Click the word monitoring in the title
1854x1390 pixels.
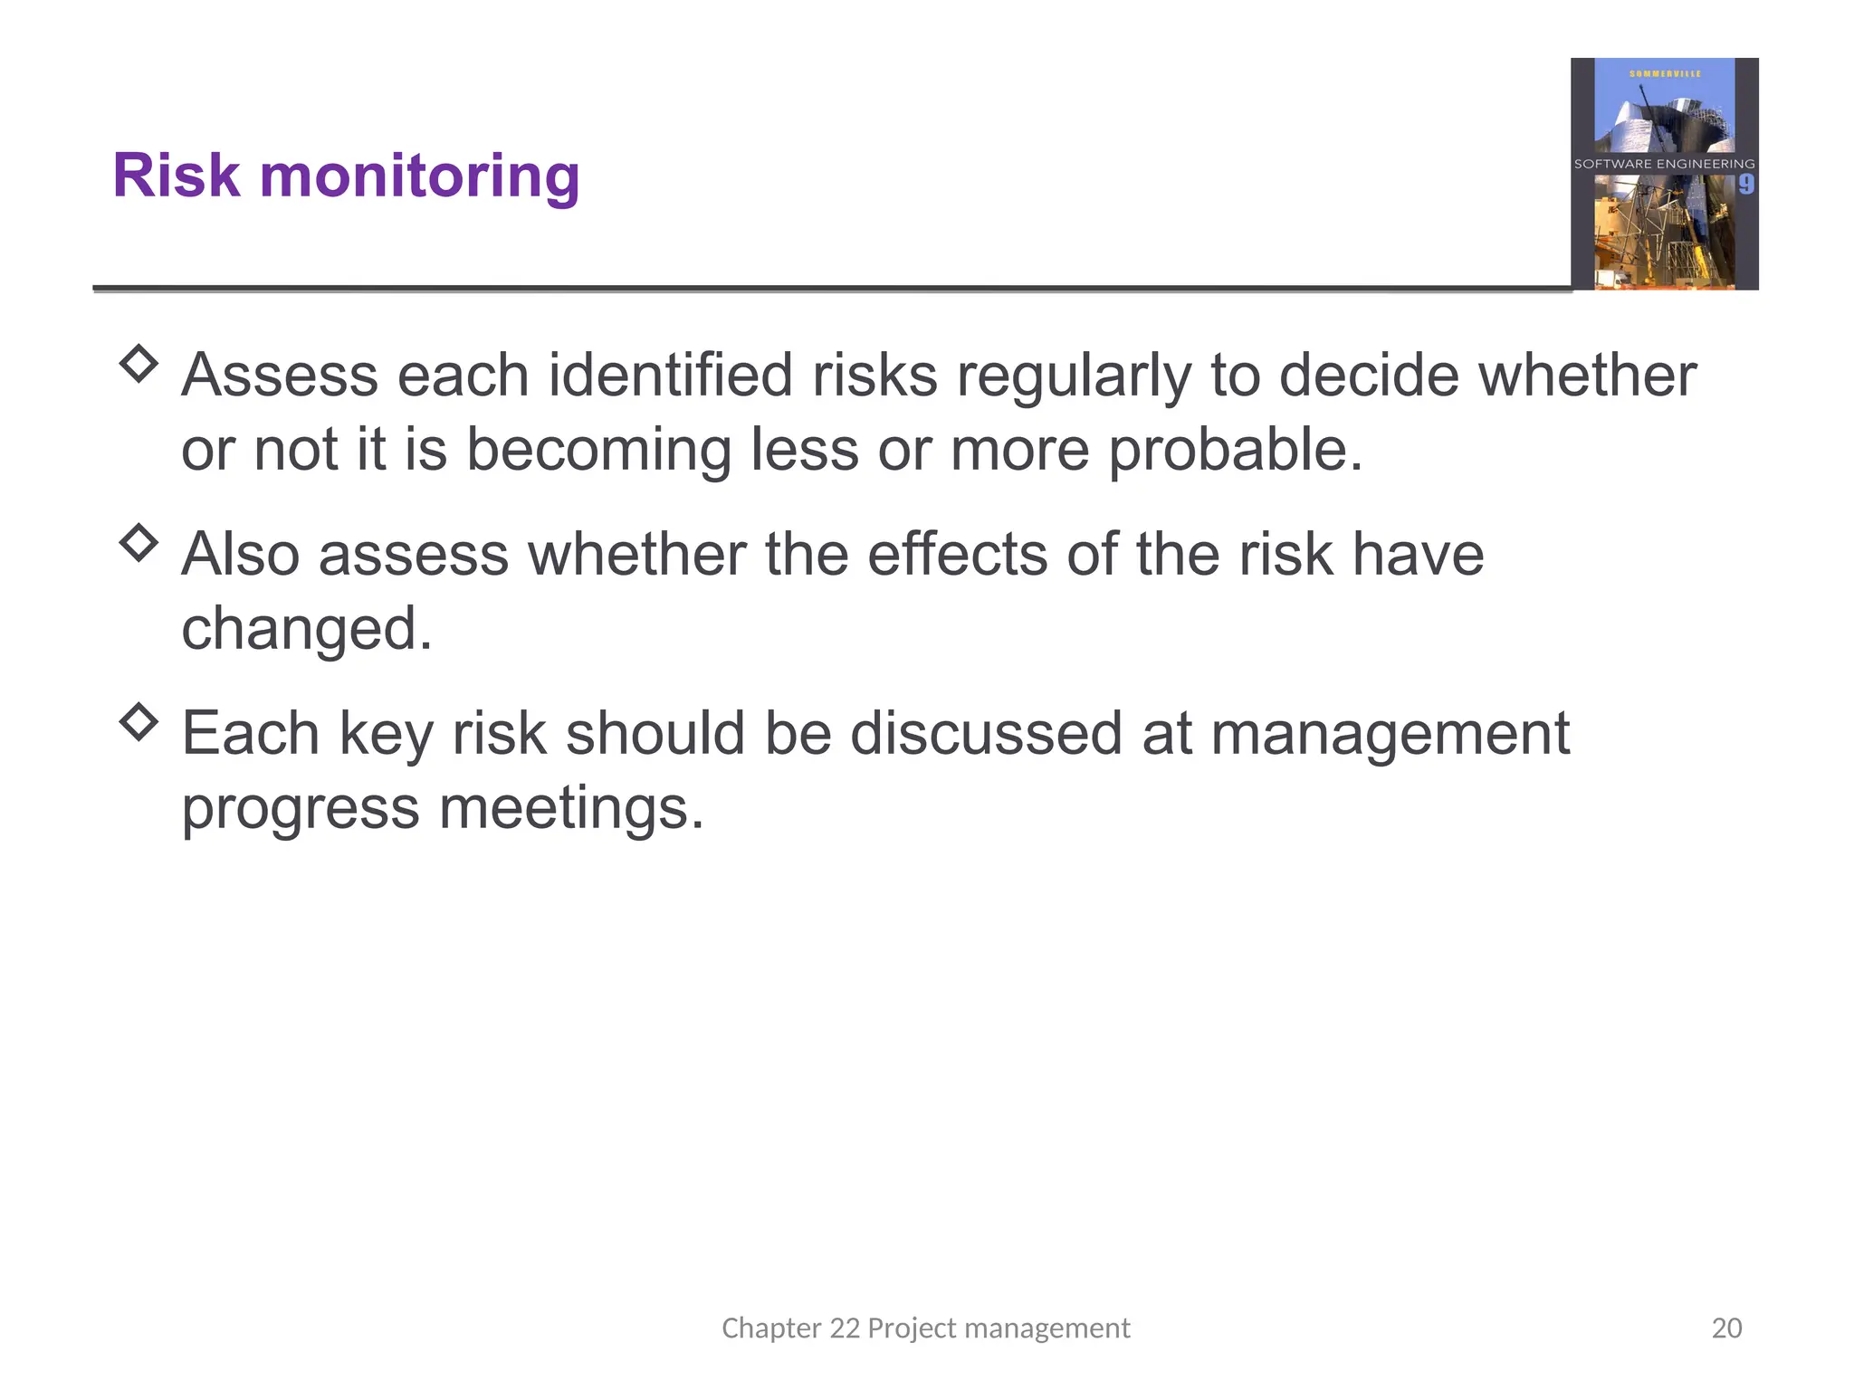(419, 176)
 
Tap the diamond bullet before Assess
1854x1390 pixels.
(139, 364)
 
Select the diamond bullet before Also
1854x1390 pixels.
(139, 543)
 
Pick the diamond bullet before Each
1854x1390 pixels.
(139, 721)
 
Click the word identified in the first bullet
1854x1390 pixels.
(670, 375)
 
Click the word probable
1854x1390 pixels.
(1235, 450)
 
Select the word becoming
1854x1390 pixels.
(598, 450)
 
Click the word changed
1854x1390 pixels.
(307, 629)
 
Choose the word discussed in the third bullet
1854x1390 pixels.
(986, 733)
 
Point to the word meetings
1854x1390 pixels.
(571, 808)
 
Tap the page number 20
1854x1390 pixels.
(1726, 1328)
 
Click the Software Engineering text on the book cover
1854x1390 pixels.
(1664, 164)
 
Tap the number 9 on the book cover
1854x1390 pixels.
(1745, 185)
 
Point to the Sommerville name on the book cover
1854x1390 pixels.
(1665, 73)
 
